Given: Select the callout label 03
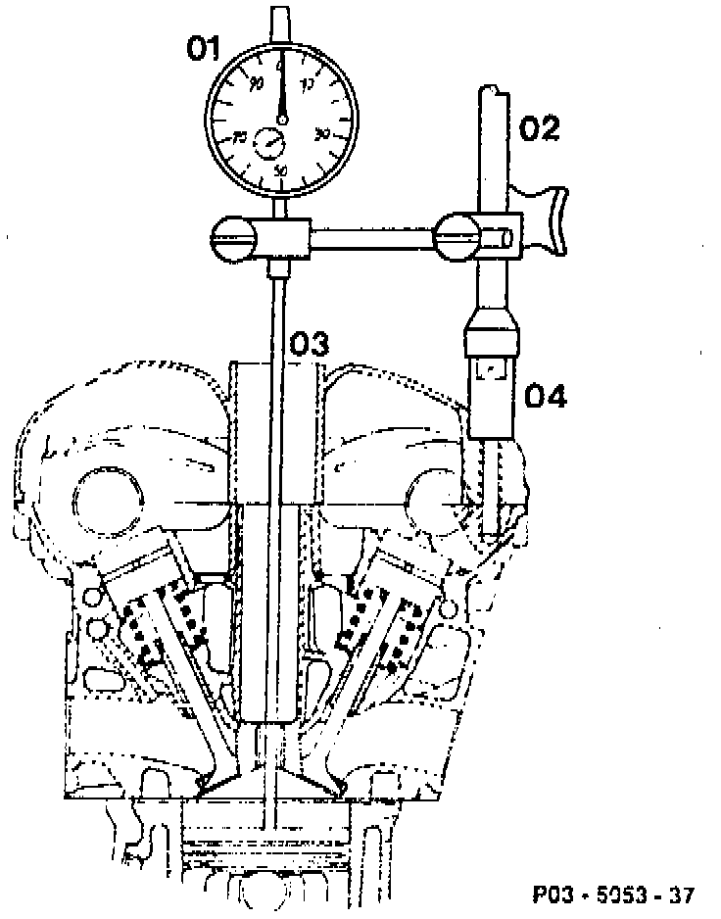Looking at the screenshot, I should click(x=309, y=344).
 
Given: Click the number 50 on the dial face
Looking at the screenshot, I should click(x=282, y=170).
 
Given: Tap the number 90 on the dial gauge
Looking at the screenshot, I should click(x=257, y=85).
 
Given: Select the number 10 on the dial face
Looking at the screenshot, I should click(x=309, y=85).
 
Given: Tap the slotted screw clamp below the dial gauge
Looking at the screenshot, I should click(x=236, y=236).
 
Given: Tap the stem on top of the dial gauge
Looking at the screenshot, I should click(x=281, y=23).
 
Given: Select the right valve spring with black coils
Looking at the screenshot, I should click(x=377, y=622).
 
